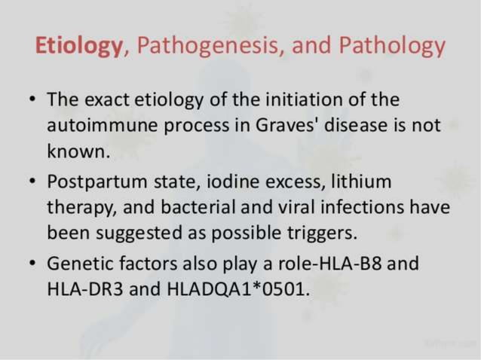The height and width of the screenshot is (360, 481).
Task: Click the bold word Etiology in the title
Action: pos(78,47)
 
